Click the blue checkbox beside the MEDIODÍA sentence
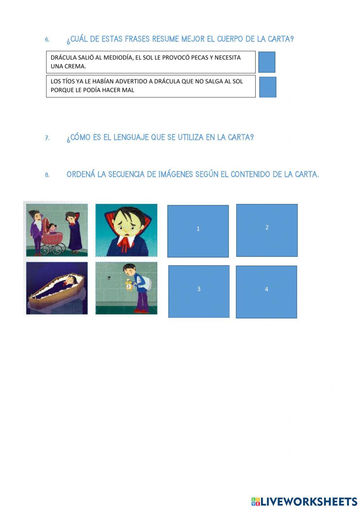click(267, 62)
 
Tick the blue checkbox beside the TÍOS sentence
click(267, 87)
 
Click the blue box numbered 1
click(198, 231)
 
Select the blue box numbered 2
click(267, 230)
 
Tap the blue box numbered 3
click(199, 291)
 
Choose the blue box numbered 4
click(266, 292)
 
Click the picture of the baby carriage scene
click(57, 230)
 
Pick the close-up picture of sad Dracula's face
click(126, 230)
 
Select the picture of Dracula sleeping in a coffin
click(57, 288)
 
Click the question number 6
click(47, 40)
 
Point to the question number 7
click(47, 138)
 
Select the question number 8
click(47, 175)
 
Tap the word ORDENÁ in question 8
click(81, 174)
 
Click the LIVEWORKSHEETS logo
click(304, 501)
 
